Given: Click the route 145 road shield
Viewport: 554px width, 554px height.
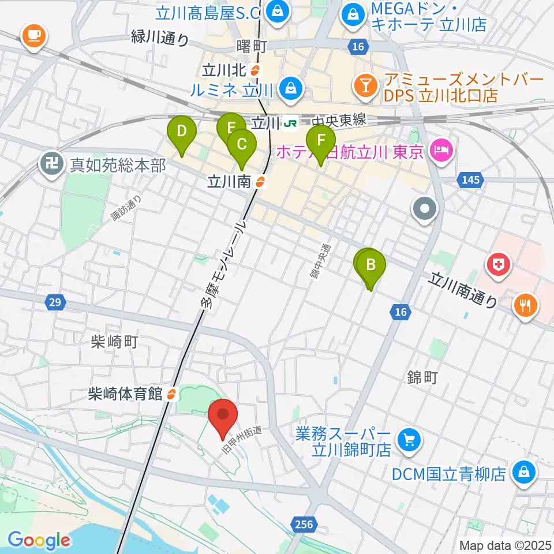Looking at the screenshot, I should click(470, 181).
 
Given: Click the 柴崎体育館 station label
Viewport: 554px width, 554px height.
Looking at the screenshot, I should click(133, 394).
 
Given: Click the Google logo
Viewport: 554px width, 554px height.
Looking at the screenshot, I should click(39, 541).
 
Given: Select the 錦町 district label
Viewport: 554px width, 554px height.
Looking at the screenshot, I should click(423, 378).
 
